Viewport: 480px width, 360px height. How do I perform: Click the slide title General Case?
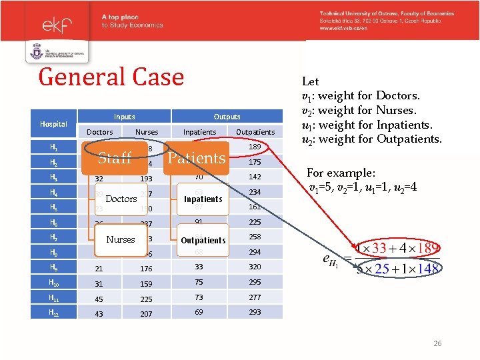(x=111, y=77)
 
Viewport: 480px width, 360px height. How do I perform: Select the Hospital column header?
(x=53, y=124)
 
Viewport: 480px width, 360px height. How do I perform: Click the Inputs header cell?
(x=124, y=116)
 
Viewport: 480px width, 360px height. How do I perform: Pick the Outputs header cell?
(x=227, y=116)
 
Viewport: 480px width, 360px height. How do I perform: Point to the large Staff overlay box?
(x=115, y=158)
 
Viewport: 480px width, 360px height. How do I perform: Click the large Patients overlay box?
(x=196, y=158)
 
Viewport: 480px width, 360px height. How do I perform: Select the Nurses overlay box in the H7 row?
(x=121, y=239)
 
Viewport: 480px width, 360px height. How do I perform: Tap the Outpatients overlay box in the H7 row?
(x=203, y=240)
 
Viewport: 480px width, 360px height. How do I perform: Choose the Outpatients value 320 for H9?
(x=255, y=268)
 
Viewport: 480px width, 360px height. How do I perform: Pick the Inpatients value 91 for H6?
(x=199, y=222)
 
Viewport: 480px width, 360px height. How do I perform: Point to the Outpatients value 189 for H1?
(x=255, y=147)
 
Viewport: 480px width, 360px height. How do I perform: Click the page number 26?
(x=437, y=344)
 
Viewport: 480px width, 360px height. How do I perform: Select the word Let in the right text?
(x=311, y=81)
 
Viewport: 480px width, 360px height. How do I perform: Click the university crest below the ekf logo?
(x=37, y=52)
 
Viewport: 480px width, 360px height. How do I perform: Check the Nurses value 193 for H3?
(x=146, y=179)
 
